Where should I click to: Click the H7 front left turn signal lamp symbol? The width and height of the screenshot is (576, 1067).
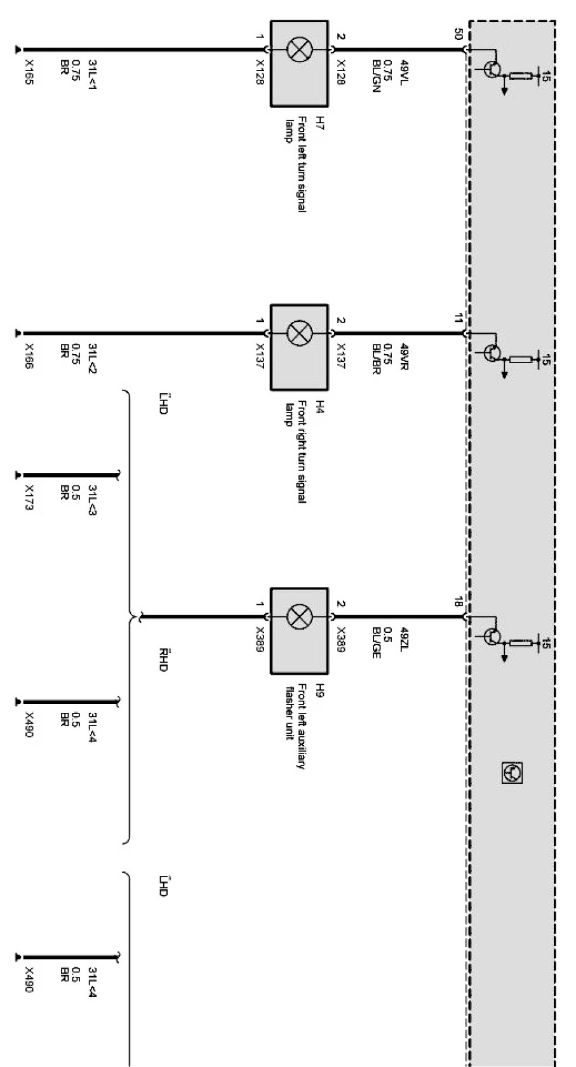coord(299,50)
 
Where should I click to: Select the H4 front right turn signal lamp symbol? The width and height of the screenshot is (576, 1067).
coord(299,333)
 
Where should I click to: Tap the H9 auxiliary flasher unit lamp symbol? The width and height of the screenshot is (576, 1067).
coord(299,616)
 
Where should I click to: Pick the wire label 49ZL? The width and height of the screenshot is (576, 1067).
coord(404,637)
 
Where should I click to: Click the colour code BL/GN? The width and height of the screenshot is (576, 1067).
coord(376,76)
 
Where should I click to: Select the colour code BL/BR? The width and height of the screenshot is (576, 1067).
coord(376,359)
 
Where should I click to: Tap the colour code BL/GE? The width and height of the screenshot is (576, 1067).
coord(376,642)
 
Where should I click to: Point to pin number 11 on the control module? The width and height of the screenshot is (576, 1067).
coord(459,319)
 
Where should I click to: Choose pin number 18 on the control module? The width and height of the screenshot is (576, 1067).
coord(459,602)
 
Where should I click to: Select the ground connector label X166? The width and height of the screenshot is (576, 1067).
coord(29,356)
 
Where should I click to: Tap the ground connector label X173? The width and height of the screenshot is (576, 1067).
coord(29,498)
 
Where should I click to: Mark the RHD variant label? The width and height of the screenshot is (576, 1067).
coord(163,660)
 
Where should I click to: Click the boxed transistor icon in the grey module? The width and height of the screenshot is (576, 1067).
coord(512,772)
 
